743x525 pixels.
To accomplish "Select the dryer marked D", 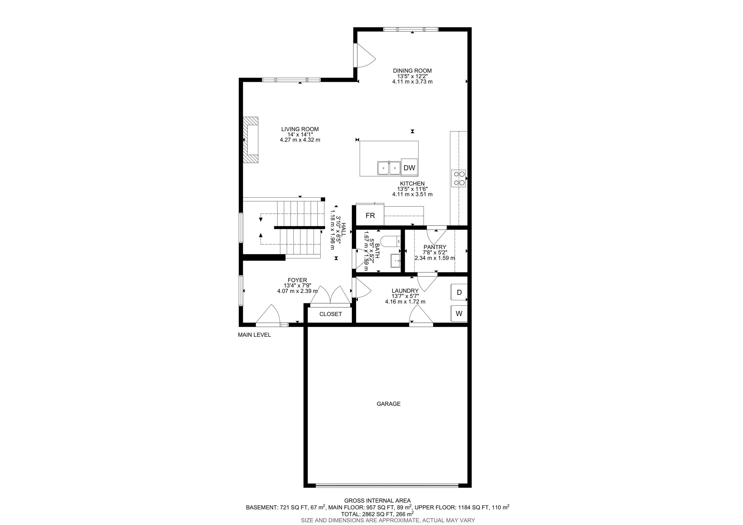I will pos(459,292).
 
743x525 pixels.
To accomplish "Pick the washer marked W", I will pos(459,313).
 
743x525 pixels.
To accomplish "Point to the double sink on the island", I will pos(389,168).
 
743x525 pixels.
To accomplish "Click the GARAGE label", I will pos(388,404).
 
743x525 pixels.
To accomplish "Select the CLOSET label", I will pos(330,314).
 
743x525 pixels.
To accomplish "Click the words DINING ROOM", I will pos(412,71).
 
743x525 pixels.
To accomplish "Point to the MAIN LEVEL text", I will pos(254,335).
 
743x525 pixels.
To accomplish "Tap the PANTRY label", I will pos(435,247).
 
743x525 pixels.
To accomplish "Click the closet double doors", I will pos(330,295).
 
